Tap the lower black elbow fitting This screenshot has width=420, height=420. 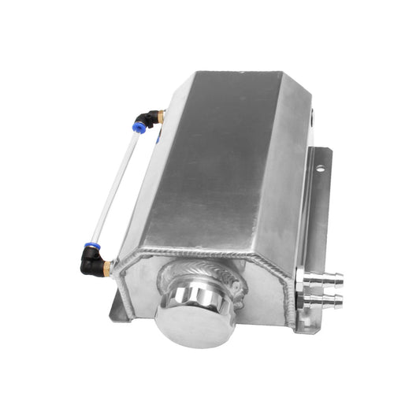pos(91,265)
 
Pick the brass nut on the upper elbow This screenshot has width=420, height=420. pos(160,117)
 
